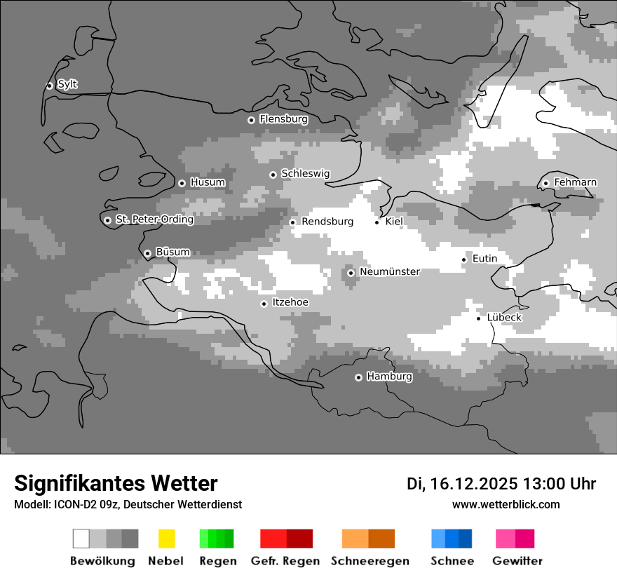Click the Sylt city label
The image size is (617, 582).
coord(67,84)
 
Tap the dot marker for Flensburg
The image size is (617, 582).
coord(251,120)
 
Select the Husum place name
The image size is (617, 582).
coord(208,182)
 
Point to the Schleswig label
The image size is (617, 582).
coord(305,173)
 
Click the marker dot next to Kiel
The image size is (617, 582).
coord(377,222)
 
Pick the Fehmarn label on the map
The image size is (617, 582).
coord(575,182)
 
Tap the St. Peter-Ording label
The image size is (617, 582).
coord(154,219)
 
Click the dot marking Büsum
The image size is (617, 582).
coord(147,253)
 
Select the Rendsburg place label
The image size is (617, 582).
coord(327,222)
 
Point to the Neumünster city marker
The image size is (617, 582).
coord(351,273)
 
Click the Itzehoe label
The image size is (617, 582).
coord(290,302)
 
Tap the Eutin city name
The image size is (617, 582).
coord(484,259)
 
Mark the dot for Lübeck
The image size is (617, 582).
coord(479,318)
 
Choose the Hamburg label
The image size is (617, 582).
coord(389,377)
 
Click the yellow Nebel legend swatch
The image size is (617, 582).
coord(166,539)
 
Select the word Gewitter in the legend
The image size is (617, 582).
coord(517,561)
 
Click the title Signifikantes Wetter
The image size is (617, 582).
coord(116,483)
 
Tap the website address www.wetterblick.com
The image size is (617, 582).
coord(506,504)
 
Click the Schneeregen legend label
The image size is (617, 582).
coord(369,561)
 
